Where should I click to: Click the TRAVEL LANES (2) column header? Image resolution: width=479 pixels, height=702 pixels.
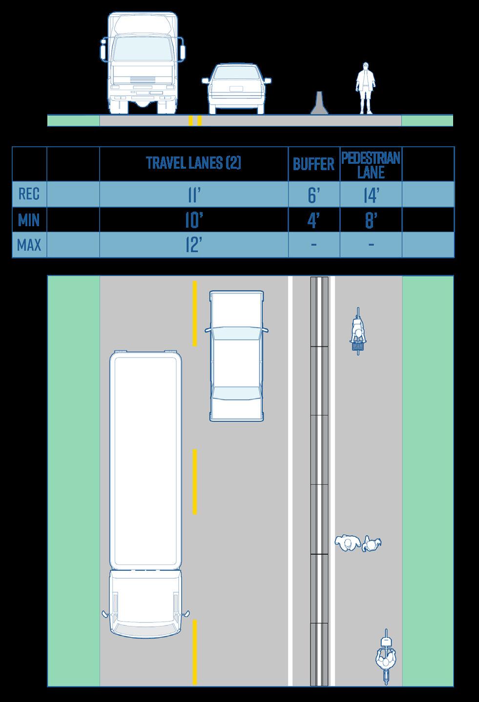(193, 163)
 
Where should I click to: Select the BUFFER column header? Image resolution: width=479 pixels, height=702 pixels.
(313, 164)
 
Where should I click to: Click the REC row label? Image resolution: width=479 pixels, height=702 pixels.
(29, 194)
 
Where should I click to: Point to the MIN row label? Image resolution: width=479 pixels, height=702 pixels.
(29, 220)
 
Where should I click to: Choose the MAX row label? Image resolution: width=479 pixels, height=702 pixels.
(29, 245)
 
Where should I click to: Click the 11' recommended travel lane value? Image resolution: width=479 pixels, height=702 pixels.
(193, 195)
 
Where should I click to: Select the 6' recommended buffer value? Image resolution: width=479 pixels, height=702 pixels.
(313, 195)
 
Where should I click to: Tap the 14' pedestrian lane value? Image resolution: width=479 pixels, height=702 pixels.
(371, 195)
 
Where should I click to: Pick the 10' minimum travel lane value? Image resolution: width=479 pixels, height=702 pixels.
(193, 221)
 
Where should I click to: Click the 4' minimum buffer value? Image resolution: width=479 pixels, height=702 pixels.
(313, 221)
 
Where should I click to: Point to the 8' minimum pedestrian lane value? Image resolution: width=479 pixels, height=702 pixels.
(371, 221)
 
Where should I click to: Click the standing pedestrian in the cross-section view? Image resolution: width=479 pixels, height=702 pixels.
(366, 88)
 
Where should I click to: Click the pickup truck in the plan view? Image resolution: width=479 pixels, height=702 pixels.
(236, 356)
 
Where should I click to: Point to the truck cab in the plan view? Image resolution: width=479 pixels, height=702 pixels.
(146, 603)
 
